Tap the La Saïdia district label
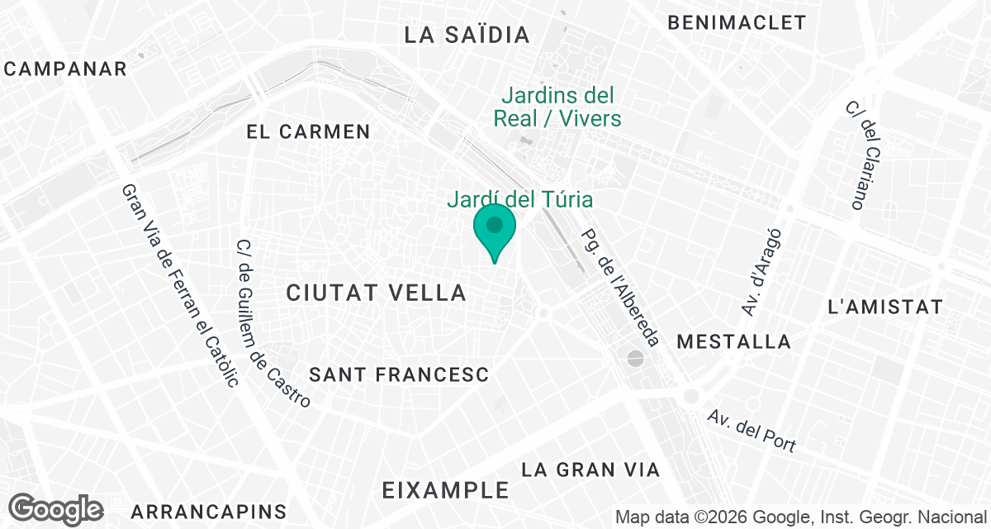(467, 35)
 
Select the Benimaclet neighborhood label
(737, 22)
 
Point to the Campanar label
(65, 69)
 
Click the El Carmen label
(309, 131)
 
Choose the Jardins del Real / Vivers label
(557, 107)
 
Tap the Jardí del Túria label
(520, 199)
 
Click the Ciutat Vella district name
(377, 292)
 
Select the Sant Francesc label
(399, 374)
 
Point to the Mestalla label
(733, 341)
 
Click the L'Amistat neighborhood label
(884, 307)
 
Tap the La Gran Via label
(590, 470)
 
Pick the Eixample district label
(446, 490)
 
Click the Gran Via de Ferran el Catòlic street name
(180, 284)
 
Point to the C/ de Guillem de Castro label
(273, 323)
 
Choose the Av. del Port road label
(752, 431)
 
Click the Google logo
(56, 509)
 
